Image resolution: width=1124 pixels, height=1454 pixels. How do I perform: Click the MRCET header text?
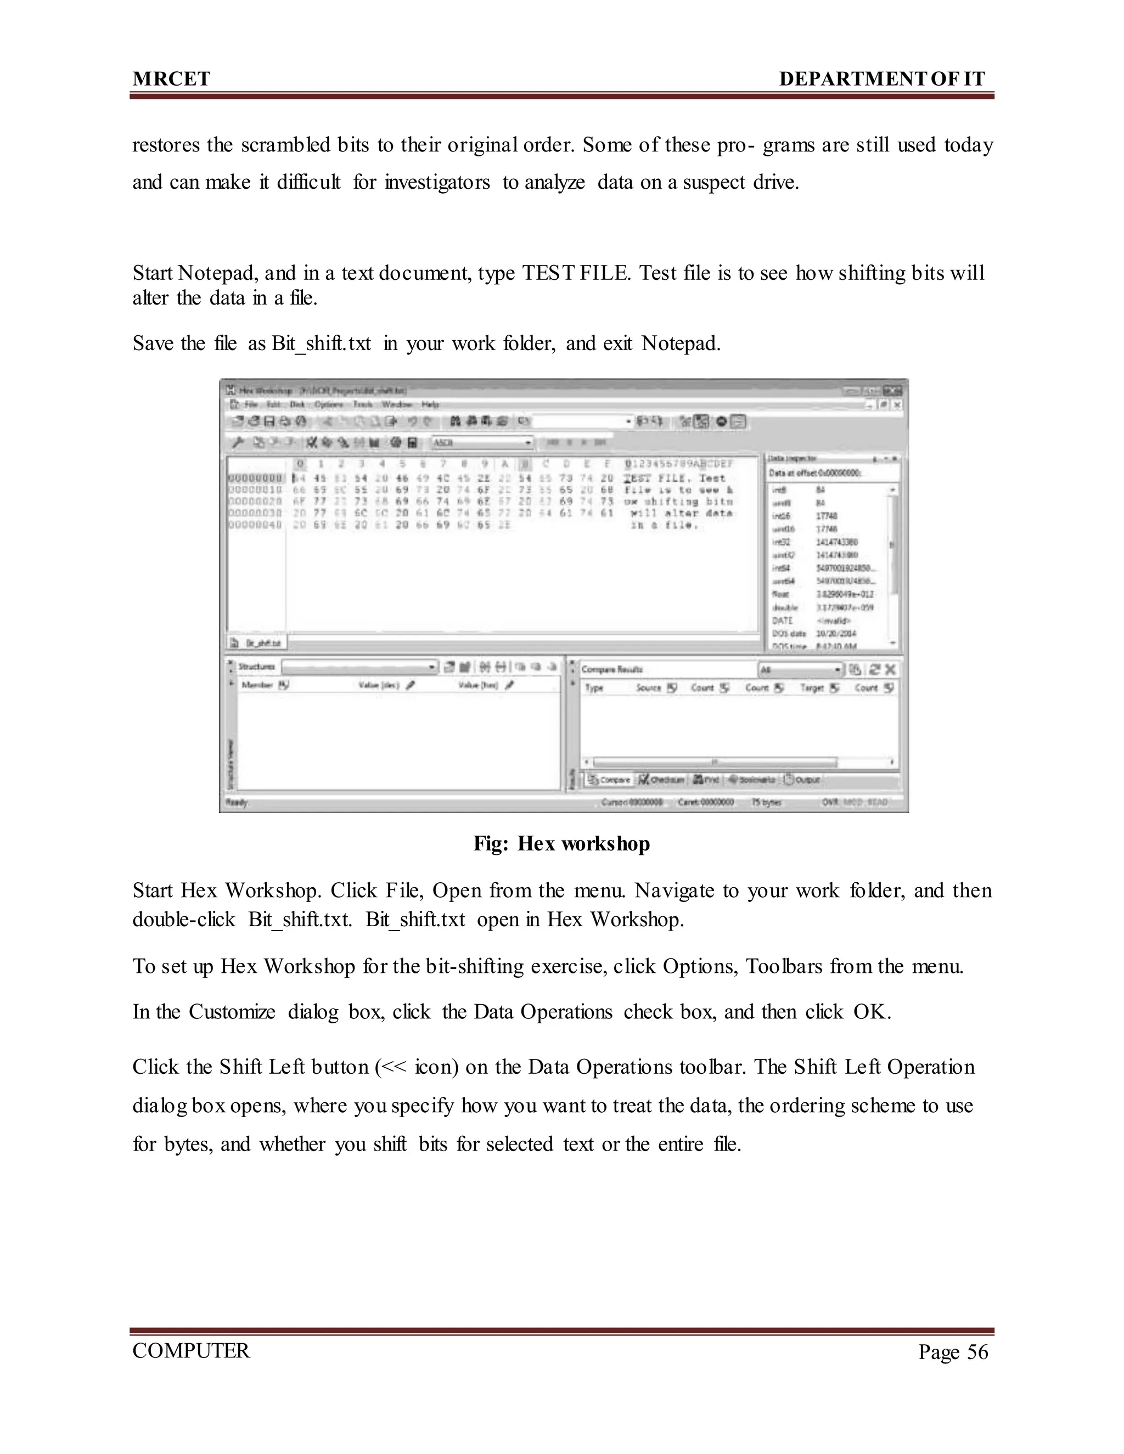point(171,79)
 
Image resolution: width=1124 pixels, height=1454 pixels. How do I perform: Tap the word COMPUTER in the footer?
point(191,1351)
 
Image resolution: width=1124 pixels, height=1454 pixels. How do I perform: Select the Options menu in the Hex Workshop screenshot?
point(328,404)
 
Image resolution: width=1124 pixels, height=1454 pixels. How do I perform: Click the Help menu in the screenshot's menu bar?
point(430,404)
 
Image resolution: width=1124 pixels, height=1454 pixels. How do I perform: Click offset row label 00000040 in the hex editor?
point(255,525)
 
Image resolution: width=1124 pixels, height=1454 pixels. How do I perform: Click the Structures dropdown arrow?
point(432,667)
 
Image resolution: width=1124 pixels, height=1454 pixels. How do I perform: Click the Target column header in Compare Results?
point(812,687)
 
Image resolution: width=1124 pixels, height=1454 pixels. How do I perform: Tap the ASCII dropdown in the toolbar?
point(482,442)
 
